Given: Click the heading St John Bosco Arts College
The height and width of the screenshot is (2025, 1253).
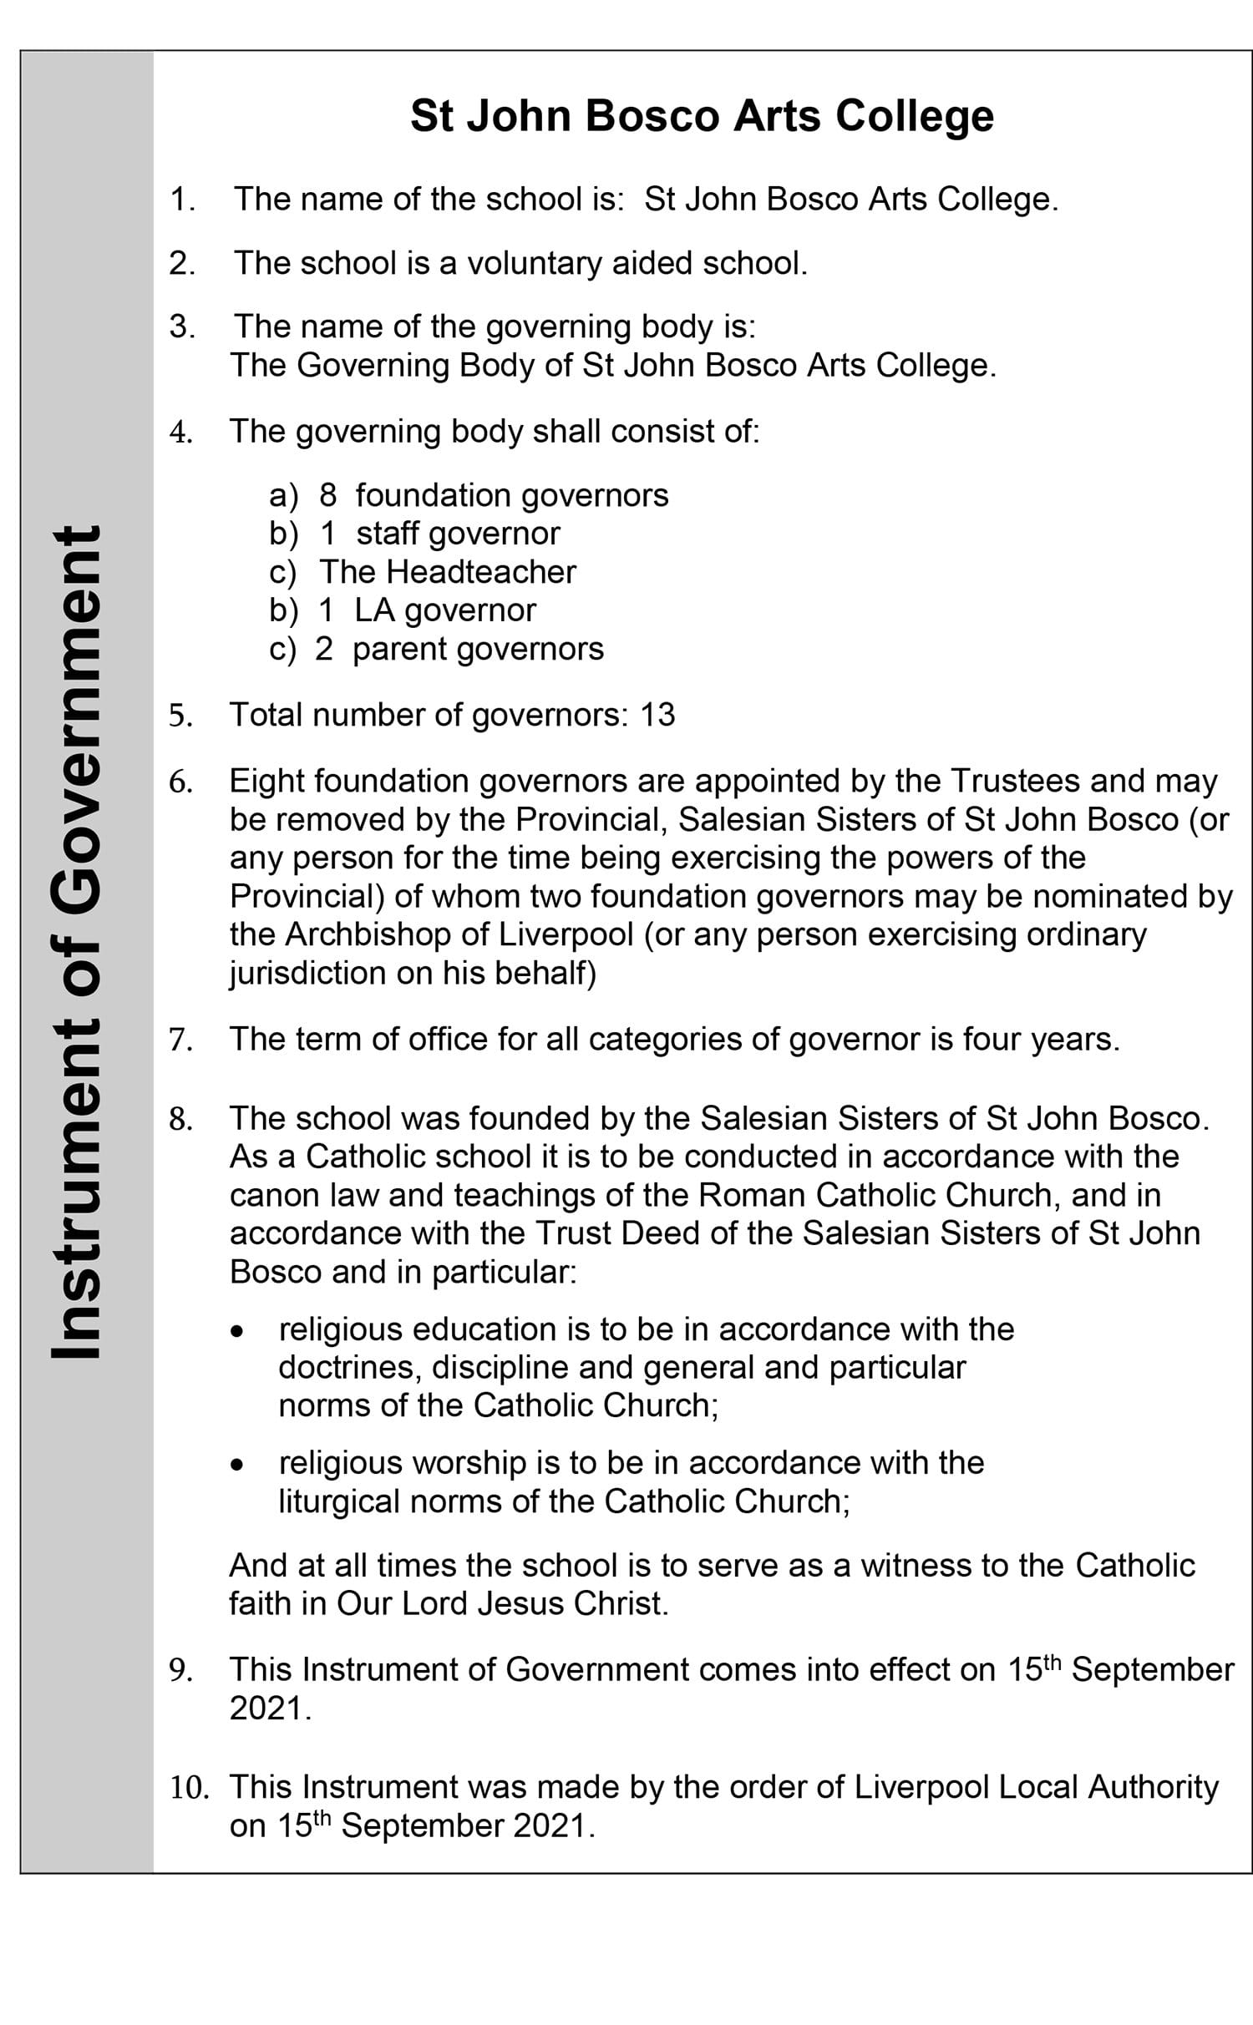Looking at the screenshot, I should coord(702,115).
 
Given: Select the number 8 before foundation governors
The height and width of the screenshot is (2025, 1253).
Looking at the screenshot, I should coord(327,495).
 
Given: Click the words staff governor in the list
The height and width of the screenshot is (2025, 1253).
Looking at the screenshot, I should coord(458,534).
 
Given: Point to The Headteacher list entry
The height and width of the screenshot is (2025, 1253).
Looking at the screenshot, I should coord(447,572).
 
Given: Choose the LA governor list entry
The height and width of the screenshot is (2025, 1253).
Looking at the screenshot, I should coord(444,610).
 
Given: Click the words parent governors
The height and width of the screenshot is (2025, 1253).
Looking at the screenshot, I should coord(478,649).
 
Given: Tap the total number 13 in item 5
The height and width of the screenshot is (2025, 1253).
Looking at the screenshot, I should coord(657,715).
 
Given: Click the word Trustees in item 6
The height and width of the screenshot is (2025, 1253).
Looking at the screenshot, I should coord(1015,781).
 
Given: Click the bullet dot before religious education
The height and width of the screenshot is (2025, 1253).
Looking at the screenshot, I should coord(239,1330).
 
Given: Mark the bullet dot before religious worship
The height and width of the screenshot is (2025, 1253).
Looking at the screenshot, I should coord(239,1464).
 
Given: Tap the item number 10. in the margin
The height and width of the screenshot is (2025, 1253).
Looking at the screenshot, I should coord(189,1788).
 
